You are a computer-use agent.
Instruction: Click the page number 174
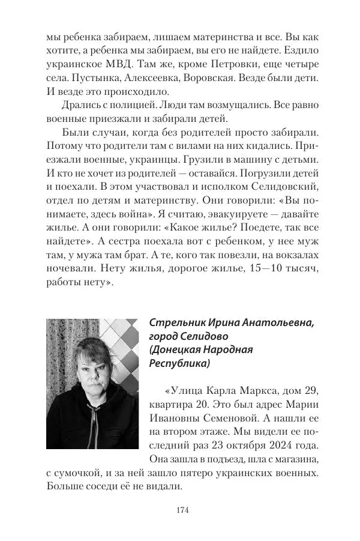pos(182,510)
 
